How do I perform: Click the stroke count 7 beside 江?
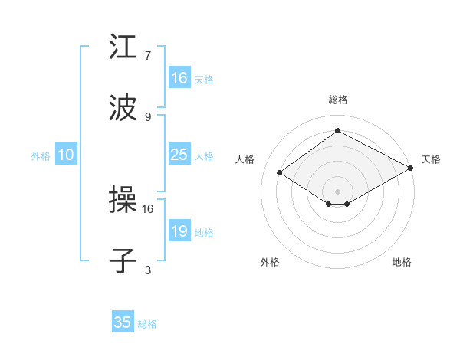(x=148, y=56)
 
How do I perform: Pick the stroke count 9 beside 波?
(x=148, y=117)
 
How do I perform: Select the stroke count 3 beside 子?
(x=148, y=270)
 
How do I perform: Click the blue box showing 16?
(x=179, y=78)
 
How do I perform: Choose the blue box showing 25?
(x=179, y=155)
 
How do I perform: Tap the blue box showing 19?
(x=179, y=231)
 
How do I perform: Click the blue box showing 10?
(x=66, y=155)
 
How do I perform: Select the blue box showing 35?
(x=123, y=322)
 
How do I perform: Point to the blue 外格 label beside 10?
(x=41, y=155)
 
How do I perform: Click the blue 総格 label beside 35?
(x=148, y=324)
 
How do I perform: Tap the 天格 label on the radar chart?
(x=431, y=159)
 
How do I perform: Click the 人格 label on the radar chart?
(x=245, y=159)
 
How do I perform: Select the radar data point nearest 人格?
(x=280, y=173)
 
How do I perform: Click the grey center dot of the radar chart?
(x=337, y=190)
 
